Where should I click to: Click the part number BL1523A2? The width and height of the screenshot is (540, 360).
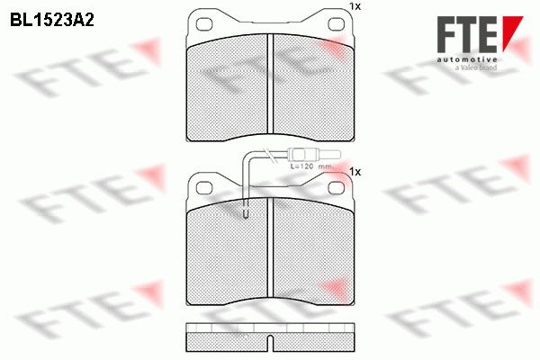click(x=52, y=21)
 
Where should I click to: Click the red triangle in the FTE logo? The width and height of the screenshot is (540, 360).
click(x=511, y=31)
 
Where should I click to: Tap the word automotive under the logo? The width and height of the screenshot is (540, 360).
click(x=467, y=60)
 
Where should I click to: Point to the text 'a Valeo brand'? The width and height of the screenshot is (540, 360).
click(x=476, y=67)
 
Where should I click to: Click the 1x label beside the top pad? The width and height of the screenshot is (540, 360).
click(x=355, y=6)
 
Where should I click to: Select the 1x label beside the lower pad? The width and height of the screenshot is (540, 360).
click(x=355, y=172)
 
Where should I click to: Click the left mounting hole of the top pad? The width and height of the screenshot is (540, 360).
click(x=204, y=24)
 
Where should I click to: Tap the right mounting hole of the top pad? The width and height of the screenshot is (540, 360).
click(x=336, y=24)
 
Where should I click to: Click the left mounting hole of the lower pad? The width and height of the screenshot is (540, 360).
click(x=204, y=188)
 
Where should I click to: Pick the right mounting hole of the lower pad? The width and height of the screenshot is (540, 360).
click(x=336, y=188)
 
